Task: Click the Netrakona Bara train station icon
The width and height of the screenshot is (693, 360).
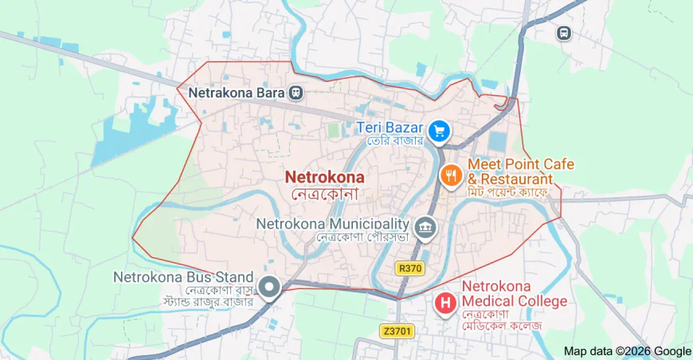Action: point(296,93)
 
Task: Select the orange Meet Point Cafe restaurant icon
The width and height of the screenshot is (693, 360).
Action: point(451,174)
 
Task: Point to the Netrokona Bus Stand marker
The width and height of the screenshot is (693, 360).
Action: point(270,288)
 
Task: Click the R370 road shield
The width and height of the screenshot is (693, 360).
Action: point(410,268)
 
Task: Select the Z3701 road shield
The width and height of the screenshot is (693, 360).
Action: point(397,331)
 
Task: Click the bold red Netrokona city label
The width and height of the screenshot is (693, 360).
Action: point(325,177)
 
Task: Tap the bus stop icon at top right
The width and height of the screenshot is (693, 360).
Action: point(563,33)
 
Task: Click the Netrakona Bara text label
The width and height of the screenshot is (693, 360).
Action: point(237,93)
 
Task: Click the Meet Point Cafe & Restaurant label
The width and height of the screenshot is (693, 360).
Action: point(520,171)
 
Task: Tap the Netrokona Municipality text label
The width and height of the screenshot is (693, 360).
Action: point(332,224)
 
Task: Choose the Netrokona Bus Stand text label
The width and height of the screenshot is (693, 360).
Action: point(183,278)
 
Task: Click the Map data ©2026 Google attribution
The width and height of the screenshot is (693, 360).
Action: point(627,351)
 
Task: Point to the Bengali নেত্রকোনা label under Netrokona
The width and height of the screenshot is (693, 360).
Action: point(325,194)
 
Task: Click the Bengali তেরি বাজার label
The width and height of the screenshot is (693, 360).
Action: point(393,141)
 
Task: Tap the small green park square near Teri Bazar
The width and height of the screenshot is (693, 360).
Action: point(333,129)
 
